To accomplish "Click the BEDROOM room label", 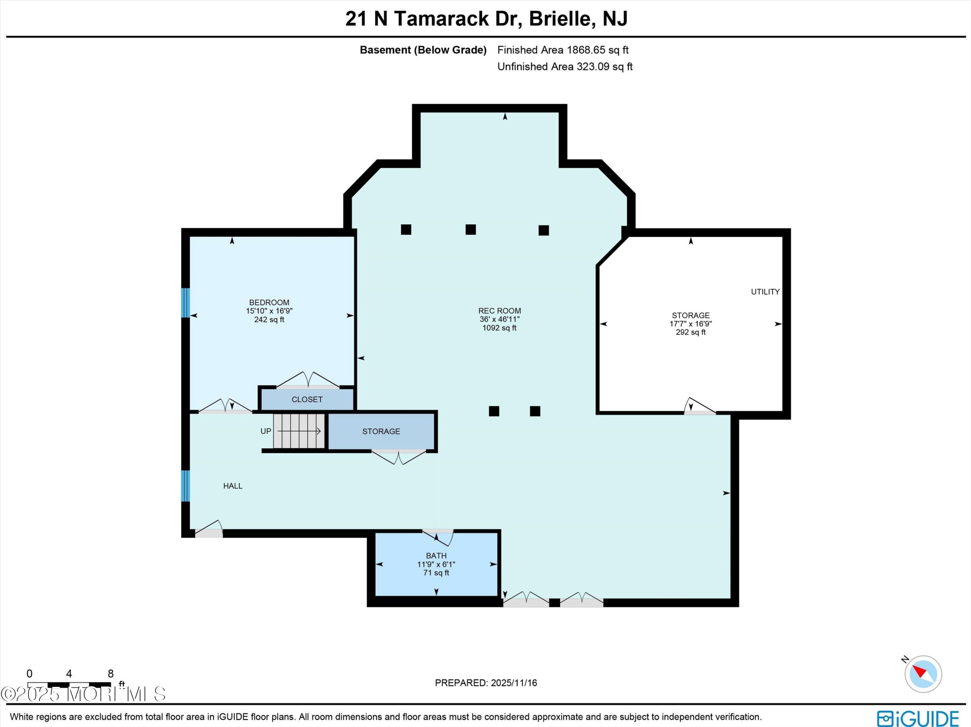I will (269, 302).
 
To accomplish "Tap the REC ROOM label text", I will (499, 311).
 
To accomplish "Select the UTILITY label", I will (765, 292).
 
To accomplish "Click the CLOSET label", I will (307, 399).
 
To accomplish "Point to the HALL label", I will (233, 486).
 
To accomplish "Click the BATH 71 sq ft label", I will (436, 564).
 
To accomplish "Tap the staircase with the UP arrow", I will (298, 431).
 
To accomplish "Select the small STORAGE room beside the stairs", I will (381, 431).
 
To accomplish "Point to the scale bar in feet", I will (69, 684).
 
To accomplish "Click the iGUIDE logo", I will (918, 718).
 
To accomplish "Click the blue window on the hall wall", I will (186, 486).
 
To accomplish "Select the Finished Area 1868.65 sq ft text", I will (563, 50).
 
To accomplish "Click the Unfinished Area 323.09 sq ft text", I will (564, 67).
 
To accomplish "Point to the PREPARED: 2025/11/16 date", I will (485, 683).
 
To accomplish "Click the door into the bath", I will (438, 536).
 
